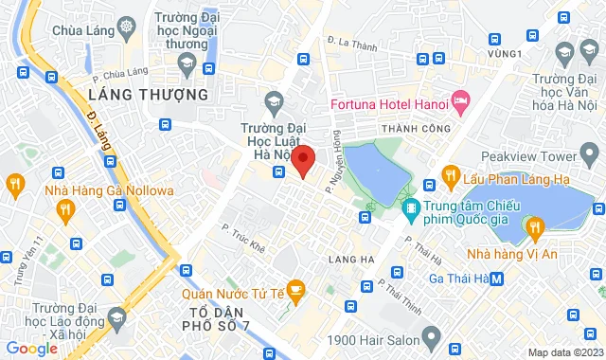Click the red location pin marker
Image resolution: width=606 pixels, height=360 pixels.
point(303,159)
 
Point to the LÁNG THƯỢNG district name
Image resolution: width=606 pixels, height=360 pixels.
point(147,95)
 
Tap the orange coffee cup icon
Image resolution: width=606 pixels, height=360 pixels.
point(295,288)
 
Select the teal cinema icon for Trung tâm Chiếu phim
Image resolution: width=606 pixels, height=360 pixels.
point(411,207)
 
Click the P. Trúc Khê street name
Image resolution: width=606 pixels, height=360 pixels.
point(243,232)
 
